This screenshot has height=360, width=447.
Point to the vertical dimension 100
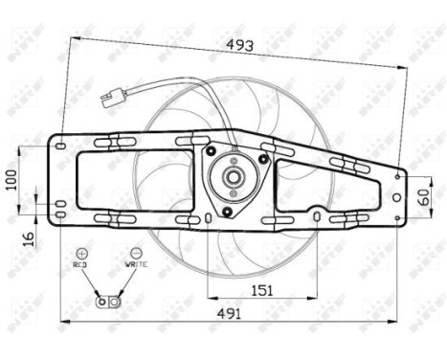coord(11,179)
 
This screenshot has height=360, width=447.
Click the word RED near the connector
coord(81,262)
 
